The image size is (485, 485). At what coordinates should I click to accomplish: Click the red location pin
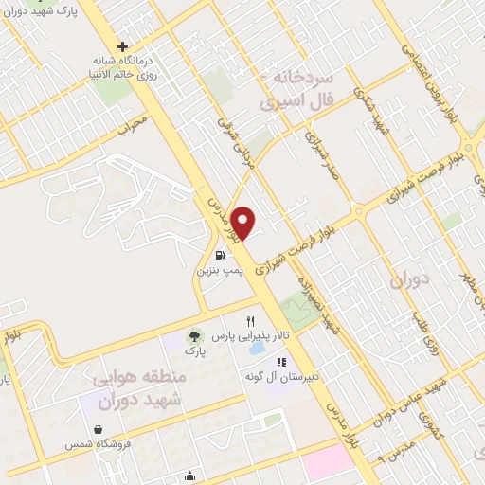(x=244, y=223)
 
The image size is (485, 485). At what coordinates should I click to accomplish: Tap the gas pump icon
(x=220, y=254)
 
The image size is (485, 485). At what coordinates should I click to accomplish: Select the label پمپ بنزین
(x=220, y=270)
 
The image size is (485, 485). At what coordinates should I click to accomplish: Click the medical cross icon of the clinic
(x=122, y=45)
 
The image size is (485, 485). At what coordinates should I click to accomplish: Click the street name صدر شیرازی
(x=315, y=148)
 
